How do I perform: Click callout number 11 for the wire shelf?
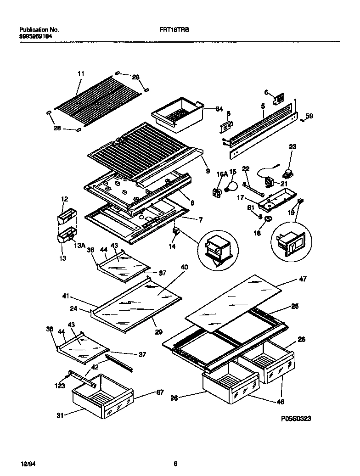tap(81, 74)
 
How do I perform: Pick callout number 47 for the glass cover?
tap(303, 279)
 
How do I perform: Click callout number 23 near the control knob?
tap(292, 147)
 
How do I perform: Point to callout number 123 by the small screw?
tap(60, 386)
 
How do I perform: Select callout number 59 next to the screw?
tap(309, 117)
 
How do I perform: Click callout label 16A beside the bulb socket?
tap(222, 174)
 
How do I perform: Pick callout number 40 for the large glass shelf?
tap(184, 267)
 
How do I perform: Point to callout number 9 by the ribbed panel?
tap(208, 171)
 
